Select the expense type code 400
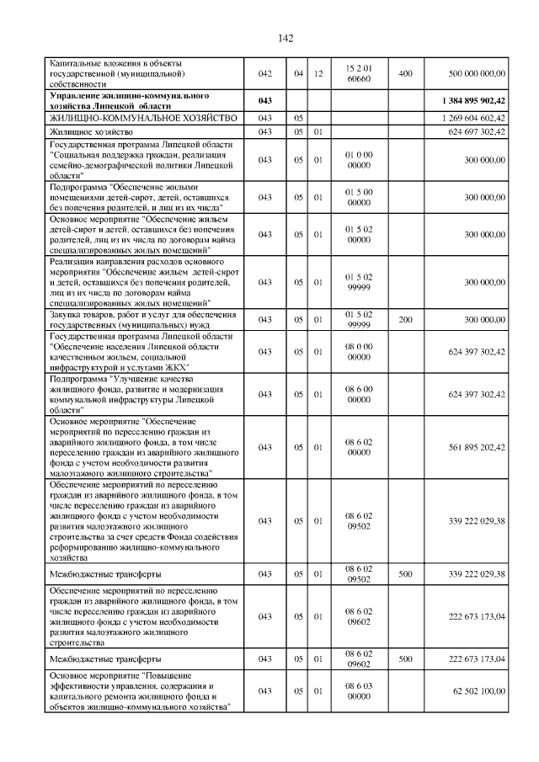(405, 73)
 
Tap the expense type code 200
(405, 321)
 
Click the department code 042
(265, 73)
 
